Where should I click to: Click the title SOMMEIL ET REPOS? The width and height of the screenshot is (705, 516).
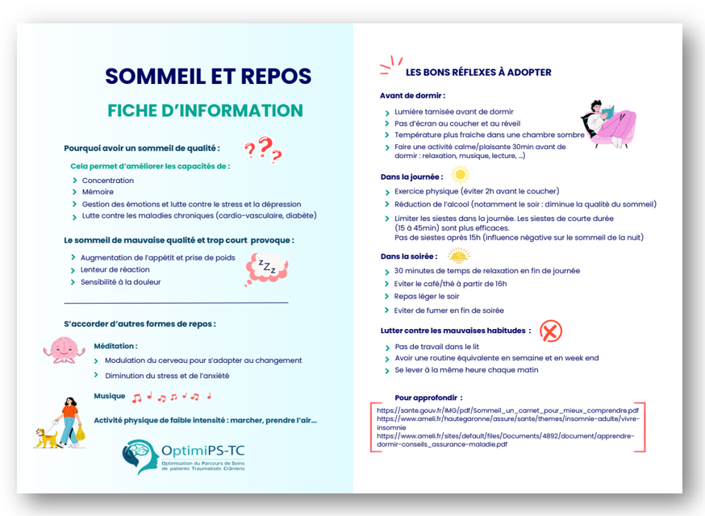208,76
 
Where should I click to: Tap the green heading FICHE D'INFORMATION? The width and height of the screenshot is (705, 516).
206,110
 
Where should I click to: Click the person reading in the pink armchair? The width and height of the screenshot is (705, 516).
610,123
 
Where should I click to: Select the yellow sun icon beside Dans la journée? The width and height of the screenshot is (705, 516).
460,174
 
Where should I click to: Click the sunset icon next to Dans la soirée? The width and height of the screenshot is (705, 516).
458,256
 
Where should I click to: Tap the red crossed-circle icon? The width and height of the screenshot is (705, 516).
550,331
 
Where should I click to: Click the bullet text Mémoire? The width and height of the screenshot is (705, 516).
98,192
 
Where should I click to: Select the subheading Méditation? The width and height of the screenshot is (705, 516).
115,345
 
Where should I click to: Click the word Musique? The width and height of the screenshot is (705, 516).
109,396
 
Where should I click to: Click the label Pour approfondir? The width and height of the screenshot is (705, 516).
428,397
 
